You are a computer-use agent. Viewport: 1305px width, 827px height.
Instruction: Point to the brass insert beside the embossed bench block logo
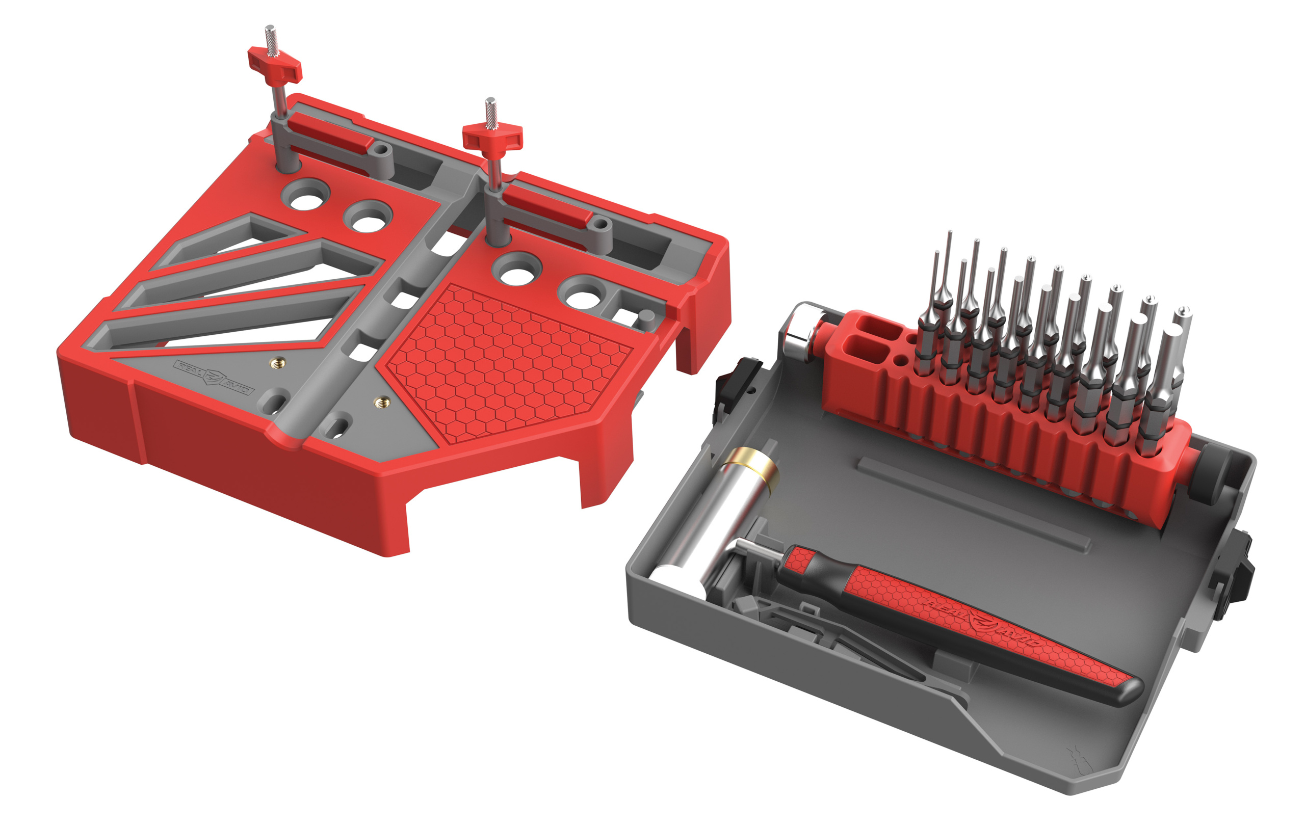click(x=280, y=363)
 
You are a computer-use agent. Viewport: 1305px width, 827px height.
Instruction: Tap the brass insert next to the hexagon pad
click(x=384, y=402)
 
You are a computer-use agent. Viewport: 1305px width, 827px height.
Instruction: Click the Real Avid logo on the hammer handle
click(x=981, y=622)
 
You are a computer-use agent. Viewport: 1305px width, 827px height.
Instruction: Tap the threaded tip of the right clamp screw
click(x=490, y=111)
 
